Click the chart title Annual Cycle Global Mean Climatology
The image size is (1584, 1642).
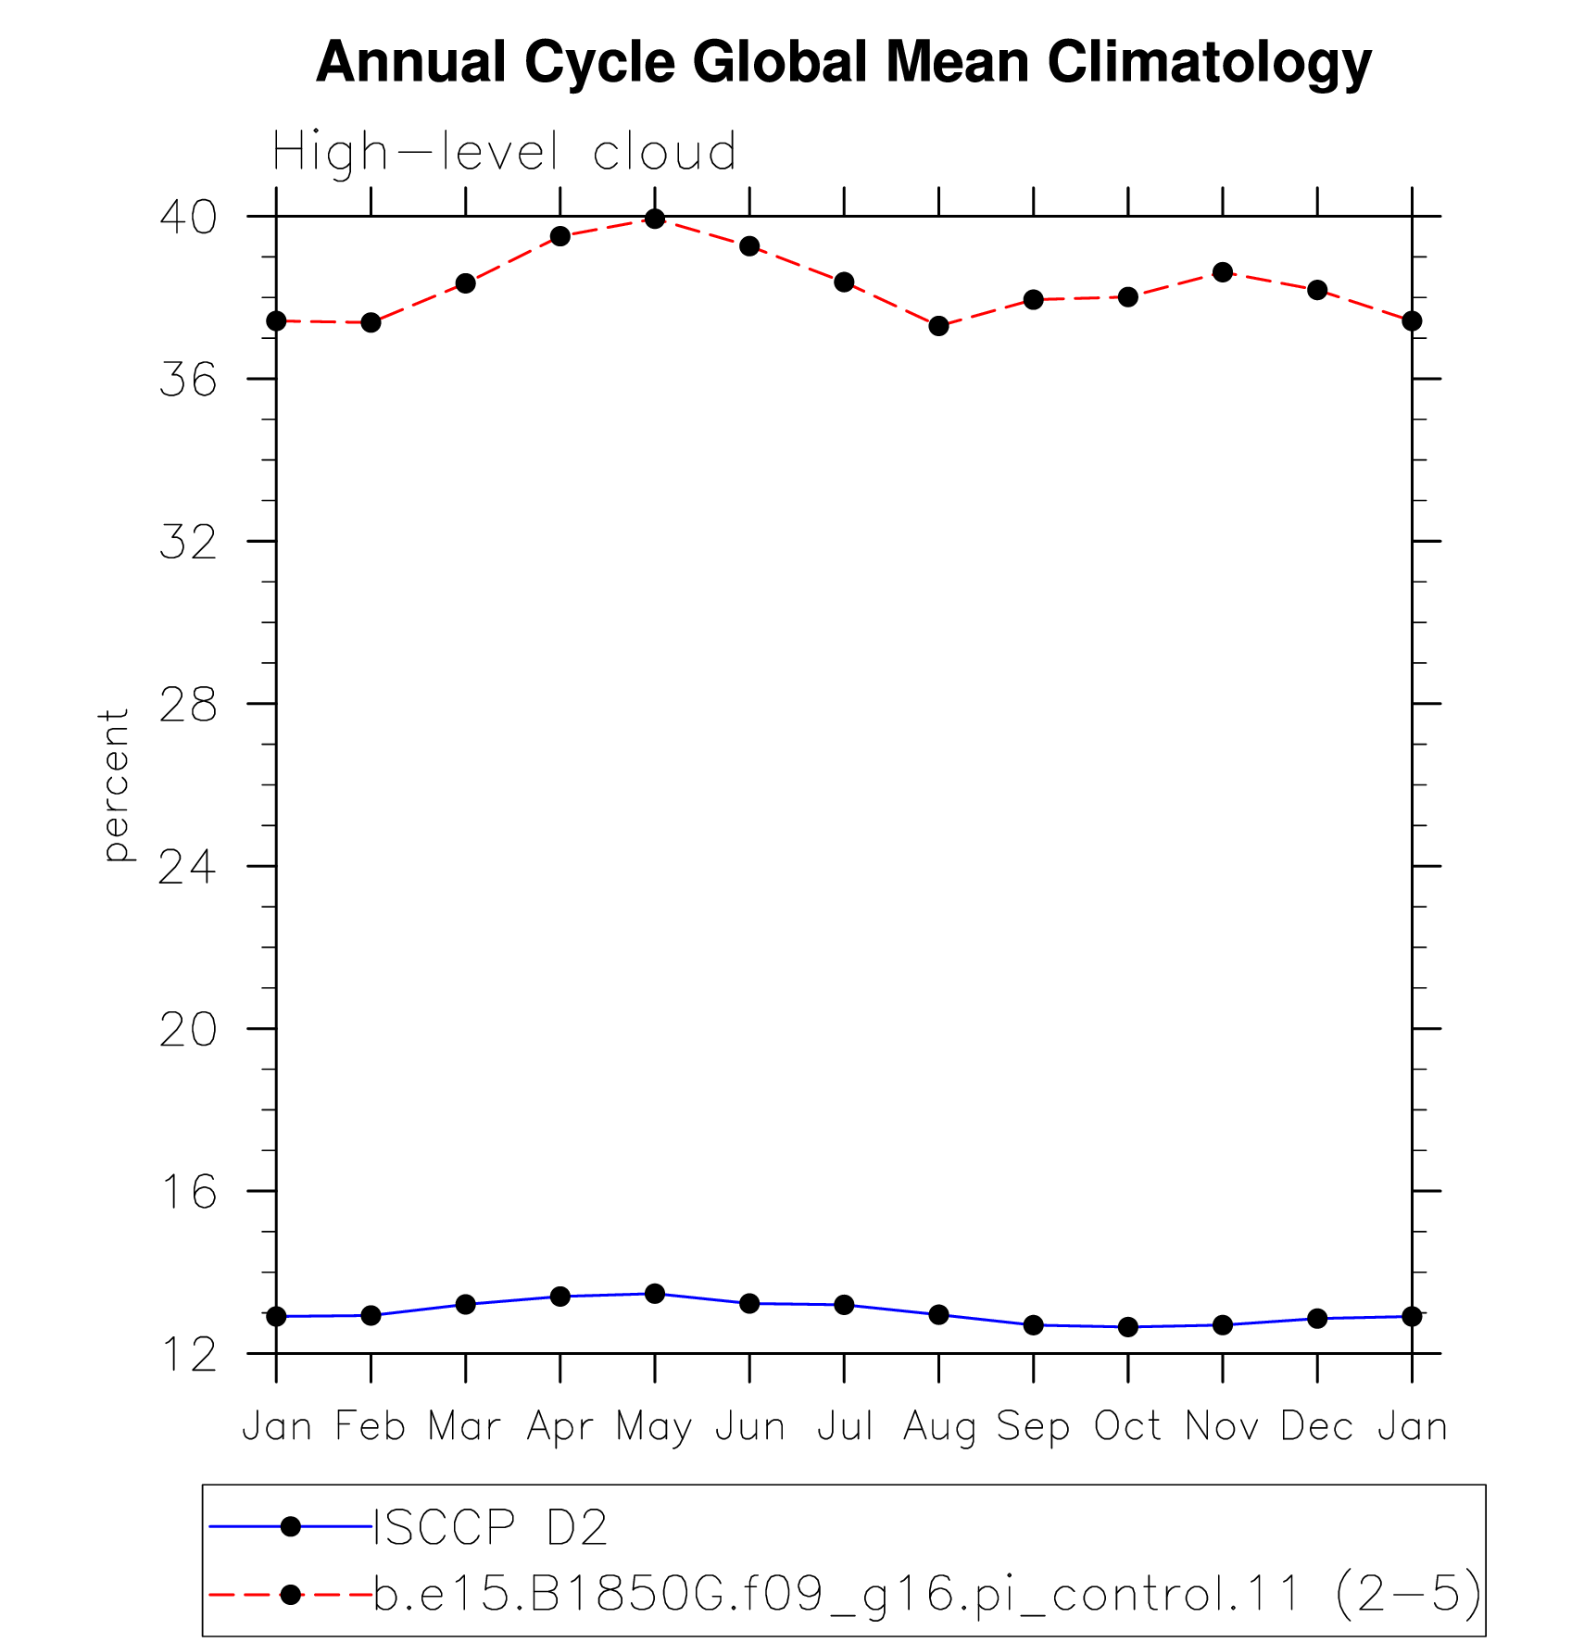click(843, 63)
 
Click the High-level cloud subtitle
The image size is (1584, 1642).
click(505, 152)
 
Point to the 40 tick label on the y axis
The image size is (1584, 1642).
click(188, 217)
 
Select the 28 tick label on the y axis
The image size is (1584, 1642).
click(188, 705)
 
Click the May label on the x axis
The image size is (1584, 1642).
click(655, 1427)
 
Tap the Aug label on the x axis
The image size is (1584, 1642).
click(939, 1427)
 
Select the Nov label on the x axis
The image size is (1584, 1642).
click(1223, 1426)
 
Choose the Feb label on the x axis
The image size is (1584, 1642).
click(371, 1426)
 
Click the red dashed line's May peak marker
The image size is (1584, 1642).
click(655, 219)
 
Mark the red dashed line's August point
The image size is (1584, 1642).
click(939, 326)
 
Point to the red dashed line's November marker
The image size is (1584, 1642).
click(1223, 272)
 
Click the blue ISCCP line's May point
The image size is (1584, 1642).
click(655, 1294)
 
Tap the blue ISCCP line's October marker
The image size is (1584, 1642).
click(1128, 1327)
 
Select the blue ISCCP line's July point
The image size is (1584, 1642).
click(844, 1305)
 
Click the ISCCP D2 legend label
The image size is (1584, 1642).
click(490, 1527)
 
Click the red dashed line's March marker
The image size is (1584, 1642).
click(466, 283)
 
